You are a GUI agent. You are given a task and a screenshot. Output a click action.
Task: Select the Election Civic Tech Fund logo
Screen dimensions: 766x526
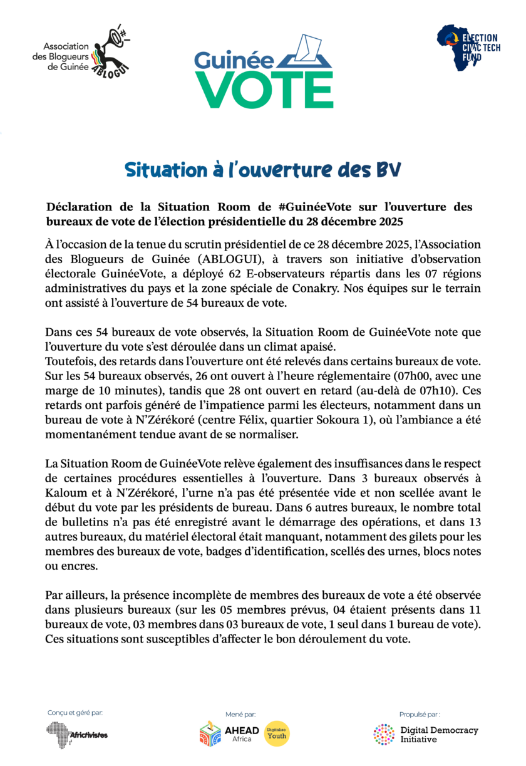(x=468, y=48)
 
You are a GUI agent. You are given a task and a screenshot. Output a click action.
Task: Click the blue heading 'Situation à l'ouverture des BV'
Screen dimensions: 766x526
(x=262, y=170)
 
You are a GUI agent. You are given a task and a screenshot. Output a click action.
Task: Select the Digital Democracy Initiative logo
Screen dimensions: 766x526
(x=426, y=734)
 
